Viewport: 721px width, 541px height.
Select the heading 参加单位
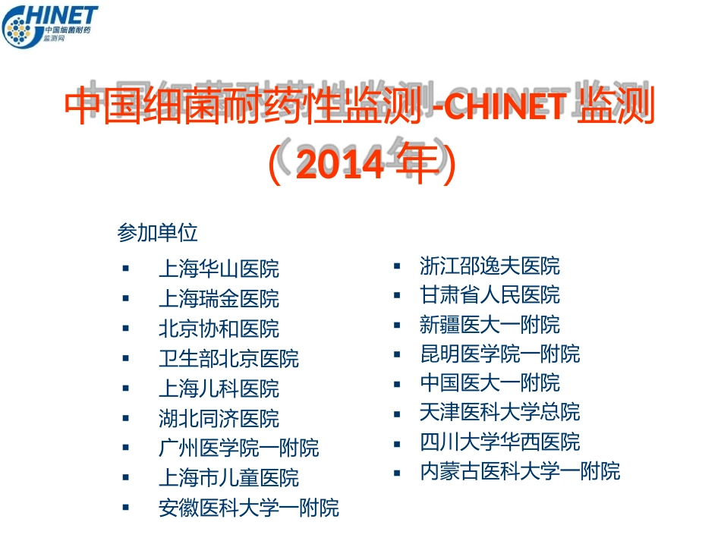(x=157, y=232)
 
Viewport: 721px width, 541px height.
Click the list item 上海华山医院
(x=219, y=269)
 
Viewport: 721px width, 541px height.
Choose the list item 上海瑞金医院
(x=219, y=298)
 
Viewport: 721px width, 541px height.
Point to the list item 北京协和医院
(x=219, y=329)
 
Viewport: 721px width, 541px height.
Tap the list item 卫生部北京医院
(x=228, y=358)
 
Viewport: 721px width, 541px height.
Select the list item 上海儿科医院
(x=219, y=388)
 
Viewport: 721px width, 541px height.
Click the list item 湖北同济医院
(x=219, y=418)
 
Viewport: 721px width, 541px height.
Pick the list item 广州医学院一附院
(x=238, y=448)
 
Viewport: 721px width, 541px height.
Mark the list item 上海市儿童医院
(x=228, y=478)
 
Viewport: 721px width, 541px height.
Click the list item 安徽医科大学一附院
(x=248, y=508)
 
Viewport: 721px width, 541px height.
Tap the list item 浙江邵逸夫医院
(x=490, y=266)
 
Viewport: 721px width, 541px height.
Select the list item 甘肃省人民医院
(x=490, y=294)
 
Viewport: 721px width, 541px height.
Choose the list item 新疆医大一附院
(x=490, y=325)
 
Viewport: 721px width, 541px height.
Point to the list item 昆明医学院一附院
(x=499, y=354)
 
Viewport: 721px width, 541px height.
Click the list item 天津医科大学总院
(x=499, y=412)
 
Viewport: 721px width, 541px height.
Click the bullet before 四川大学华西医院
(x=397, y=442)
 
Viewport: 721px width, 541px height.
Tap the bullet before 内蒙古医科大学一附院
(x=397, y=472)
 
